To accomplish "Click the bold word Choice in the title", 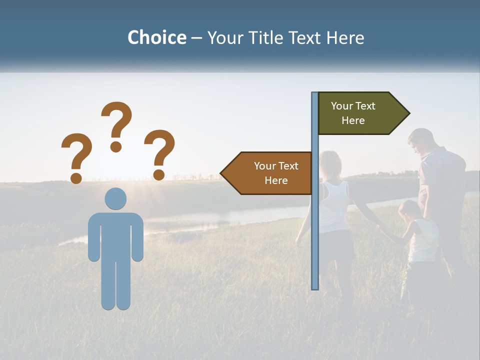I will [156, 37].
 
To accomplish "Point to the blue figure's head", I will [115, 198].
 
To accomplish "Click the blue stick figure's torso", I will [115, 235].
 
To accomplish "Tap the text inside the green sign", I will [353, 113].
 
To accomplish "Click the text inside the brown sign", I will [276, 173].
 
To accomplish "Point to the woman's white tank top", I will [334, 205].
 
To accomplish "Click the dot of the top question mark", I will [116, 146].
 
